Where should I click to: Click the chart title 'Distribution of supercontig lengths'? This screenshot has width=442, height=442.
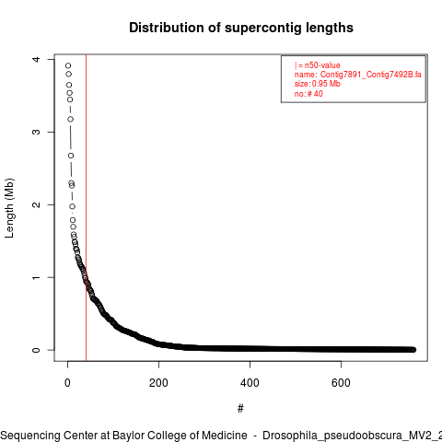tap(241, 28)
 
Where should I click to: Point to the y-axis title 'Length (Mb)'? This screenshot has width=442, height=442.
tap(9, 208)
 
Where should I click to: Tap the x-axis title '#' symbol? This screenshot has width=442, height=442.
tap(240, 409)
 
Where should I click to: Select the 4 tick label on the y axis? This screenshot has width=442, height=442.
tap(36, 59)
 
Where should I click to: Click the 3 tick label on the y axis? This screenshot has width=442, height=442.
tap(36, 132)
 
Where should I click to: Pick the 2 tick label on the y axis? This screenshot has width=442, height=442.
tap(36, 204)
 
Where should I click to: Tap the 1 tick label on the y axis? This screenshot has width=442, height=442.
tap(36, 277)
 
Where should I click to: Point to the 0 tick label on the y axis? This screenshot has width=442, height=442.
tap(36, 350)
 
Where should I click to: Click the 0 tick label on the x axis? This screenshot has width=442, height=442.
tap(67, 383)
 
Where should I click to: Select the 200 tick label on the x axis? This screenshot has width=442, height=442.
tap(158, 383)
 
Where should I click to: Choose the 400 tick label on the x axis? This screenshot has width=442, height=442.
tap(250, 383)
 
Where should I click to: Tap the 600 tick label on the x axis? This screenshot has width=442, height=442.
tap(341, 383)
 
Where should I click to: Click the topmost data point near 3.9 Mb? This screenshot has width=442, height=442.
tap(68, 65)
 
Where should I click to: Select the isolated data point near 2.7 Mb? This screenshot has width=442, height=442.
tap(71, 156)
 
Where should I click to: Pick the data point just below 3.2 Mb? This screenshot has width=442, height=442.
tap(71, 119)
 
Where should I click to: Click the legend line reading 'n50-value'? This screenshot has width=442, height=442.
tap(318, 65)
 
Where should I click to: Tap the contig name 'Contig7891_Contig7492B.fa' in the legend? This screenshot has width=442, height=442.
tap(371, 75)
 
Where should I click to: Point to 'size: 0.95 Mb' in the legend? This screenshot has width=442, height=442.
tap(318, 84)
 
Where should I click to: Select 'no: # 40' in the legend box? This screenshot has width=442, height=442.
tap(308, 94)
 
